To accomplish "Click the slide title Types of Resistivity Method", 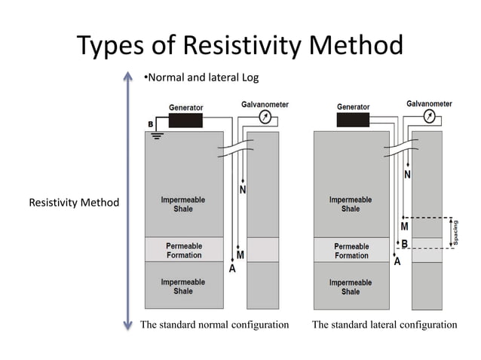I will (x=240, y=47).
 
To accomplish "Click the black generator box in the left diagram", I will (x=185, y=121).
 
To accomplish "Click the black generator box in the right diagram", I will (x=353, y=121).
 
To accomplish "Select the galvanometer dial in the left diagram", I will (x=263, y=117).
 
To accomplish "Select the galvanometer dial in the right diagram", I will (x=429, y=116).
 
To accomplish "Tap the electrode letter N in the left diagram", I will (x=243, y=191).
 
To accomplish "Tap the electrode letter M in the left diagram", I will (x=242, y=255).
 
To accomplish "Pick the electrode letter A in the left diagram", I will (x=232, y=267).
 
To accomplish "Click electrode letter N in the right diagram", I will (x=408, y=174).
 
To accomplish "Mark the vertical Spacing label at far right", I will (x=456, y=232).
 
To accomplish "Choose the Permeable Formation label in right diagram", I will (x=351, y=251).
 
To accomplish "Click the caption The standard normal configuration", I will (x=215, y=325).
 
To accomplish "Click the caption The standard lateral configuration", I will (x=384, y=325).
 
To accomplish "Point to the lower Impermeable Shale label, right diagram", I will (x=351, y=286).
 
